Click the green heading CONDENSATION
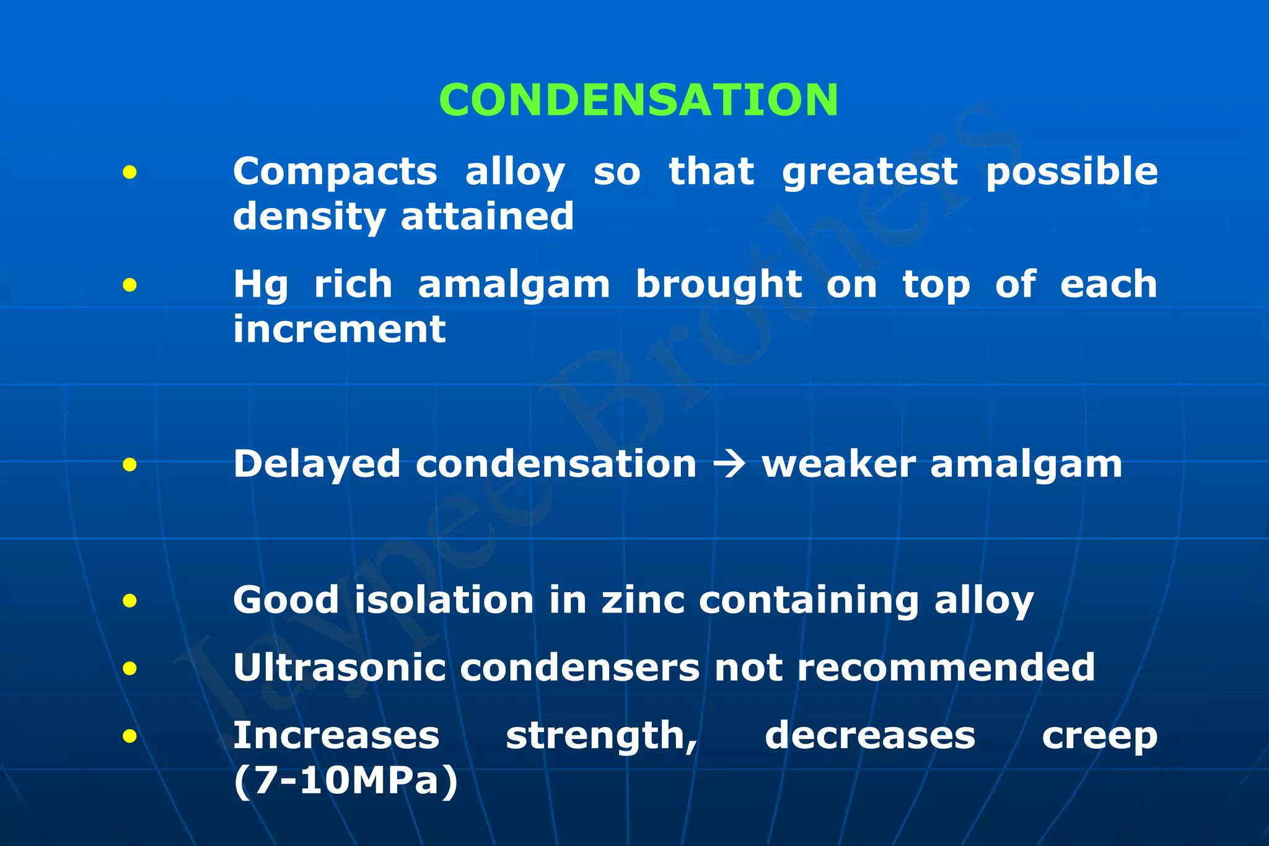click(638, 100)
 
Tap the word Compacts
click(335, 172)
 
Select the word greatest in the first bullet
click(869, 172)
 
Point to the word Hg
click(260, 285)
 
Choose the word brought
click(719, 285)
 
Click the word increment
click(339, 329)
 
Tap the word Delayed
click(317, 464)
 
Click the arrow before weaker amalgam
click(729, 464)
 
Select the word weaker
click(838, 464)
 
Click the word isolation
click(444, 601)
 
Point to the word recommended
click(946, 668)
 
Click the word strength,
click(602, 736)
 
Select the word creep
click(1099, 736)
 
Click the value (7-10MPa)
click(346, 781)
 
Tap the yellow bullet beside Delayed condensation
click(130, 464)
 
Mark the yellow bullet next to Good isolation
click(130, 600)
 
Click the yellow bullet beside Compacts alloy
click(130, 172)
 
